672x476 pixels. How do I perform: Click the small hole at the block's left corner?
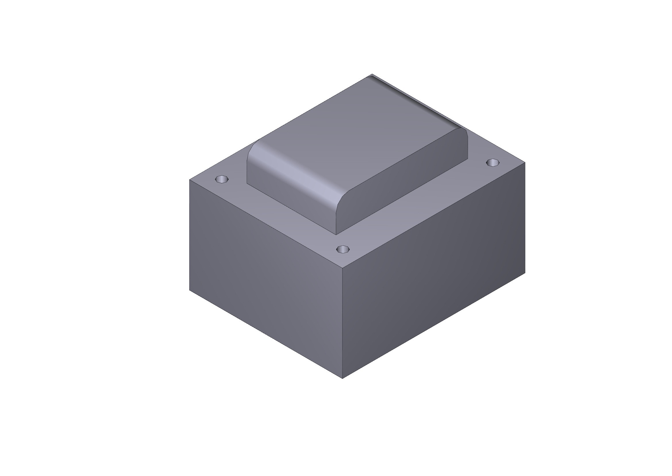pyautogui.click(x=222, y=179)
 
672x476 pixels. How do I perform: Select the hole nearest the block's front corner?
pyautogui.click(x=343, y=249)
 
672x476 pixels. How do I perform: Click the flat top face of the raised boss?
pyautogui.click(x=351, y=123)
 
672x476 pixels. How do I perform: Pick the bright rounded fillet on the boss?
pyautogui.click(x=293, y=176)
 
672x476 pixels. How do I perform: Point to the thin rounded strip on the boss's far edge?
pyautogui.click(x=416, y=101)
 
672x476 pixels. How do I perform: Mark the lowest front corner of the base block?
pyautogui.click(x=342, y=378)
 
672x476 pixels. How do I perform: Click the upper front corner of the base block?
pyautogui.click(x=342, y=267)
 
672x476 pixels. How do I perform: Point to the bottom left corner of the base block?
pyautogui.click(x=189, y=290)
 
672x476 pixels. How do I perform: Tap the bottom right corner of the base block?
pyautogui.click(x=525, y=273)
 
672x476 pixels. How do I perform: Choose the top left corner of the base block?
pyautogui.click(x=189, y=179)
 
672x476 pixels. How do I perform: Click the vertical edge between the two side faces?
pyautogui.click(x=342, y=322)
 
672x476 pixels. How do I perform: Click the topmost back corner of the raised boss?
pyautogui.click(x=372, y=74)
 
